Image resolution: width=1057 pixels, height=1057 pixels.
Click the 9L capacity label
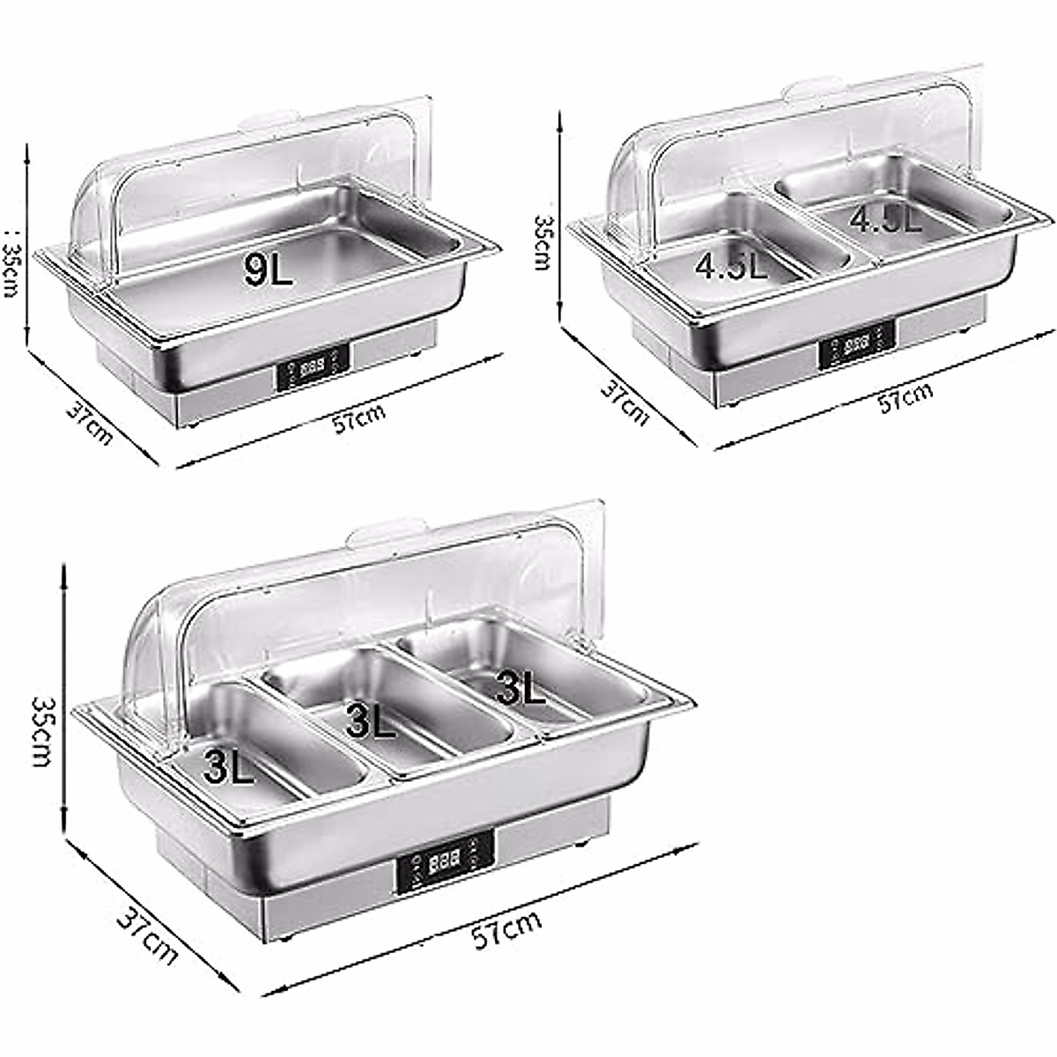(269, 270)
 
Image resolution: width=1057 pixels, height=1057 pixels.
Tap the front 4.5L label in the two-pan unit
(731, 265)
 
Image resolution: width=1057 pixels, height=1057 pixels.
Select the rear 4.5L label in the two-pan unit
(885, 218)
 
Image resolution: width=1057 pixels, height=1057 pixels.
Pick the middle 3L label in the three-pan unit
(370, 721)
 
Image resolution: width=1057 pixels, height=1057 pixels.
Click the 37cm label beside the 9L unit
(89, 421)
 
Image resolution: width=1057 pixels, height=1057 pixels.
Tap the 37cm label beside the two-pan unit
(625, 402)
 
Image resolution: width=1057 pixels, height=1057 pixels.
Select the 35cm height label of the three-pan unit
(44, 731)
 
